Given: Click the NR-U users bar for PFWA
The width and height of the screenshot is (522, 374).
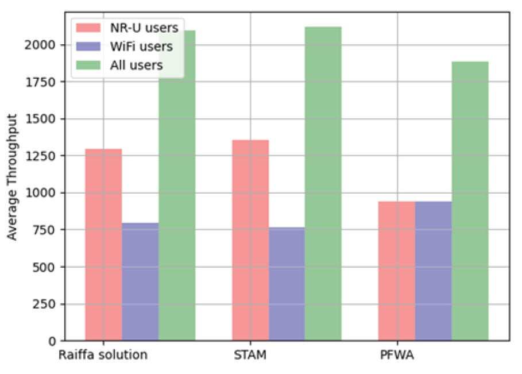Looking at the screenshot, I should point(397,271).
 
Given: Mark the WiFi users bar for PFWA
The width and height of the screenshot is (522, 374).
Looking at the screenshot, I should point(434,271).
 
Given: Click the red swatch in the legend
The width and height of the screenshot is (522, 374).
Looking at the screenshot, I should point(87,27).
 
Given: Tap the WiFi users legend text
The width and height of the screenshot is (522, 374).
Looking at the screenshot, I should point(141,46).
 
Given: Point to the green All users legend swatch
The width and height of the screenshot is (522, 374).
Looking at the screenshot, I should point(87,65).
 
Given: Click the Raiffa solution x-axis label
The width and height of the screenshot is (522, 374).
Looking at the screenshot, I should point(103,355).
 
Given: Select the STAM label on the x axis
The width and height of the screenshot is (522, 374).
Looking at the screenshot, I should point(250,355).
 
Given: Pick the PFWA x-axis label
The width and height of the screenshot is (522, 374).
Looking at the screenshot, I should point(397,355).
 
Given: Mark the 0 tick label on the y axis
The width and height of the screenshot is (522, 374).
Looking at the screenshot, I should point(52,341).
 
